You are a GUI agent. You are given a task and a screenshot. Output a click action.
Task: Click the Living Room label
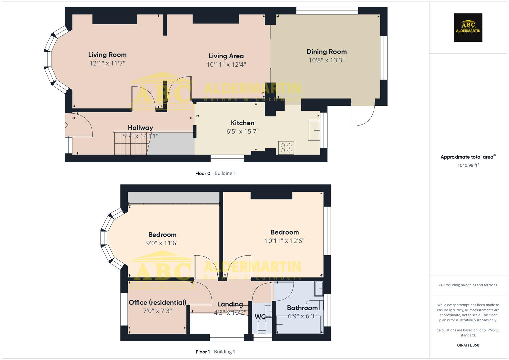(107, 55)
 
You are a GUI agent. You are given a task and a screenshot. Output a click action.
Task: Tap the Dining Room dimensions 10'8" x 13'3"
(326, 60)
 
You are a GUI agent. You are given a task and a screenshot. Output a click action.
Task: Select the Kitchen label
(242, 123)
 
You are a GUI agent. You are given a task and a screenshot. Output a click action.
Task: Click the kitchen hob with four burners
(286, 147)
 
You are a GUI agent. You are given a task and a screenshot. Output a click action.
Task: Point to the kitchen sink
(314, 130)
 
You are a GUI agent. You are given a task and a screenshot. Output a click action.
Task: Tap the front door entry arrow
(65, 125)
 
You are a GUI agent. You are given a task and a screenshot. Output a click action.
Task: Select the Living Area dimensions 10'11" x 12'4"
(226, 65)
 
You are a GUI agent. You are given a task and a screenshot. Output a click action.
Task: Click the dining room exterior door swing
(363, 115)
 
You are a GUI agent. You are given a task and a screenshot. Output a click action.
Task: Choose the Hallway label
(140, 128)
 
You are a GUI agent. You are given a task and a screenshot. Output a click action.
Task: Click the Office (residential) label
(157, 302)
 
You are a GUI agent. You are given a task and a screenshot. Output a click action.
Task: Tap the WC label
(260, 316)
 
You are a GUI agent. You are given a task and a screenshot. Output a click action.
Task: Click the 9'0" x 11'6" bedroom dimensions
(162, 243)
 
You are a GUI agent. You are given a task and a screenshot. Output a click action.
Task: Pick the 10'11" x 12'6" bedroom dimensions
(284, 241)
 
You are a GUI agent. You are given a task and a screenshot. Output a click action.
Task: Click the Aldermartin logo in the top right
(468, 27)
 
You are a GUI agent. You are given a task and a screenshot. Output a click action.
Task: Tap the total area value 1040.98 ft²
(468, 165)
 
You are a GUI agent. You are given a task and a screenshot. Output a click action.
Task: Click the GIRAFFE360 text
(468, 345)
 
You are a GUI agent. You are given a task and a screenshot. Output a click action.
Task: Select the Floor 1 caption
(203, 352)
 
